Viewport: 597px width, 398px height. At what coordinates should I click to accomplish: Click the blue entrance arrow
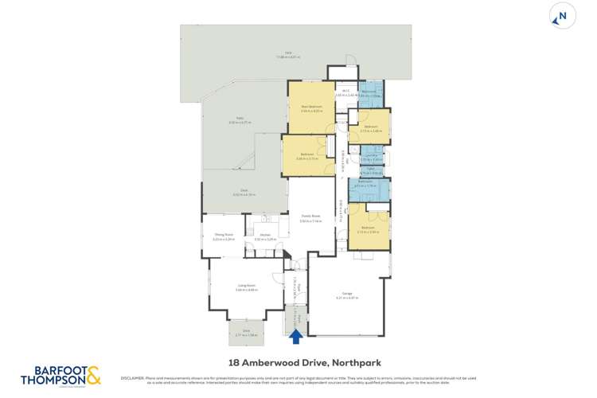[x=296, y=337]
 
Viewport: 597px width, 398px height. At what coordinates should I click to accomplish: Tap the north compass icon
[x=562, y=16]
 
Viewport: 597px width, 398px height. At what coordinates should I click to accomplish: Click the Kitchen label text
[x=265, y=236]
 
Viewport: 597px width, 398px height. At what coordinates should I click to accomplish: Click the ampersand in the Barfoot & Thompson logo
[x=93, y=374]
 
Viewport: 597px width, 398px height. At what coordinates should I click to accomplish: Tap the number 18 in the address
[x=234, y=360]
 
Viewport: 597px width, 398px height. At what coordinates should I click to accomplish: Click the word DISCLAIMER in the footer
[x=130, y=379]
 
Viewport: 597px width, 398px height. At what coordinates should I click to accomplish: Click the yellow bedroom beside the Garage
[x=368, y=228]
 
